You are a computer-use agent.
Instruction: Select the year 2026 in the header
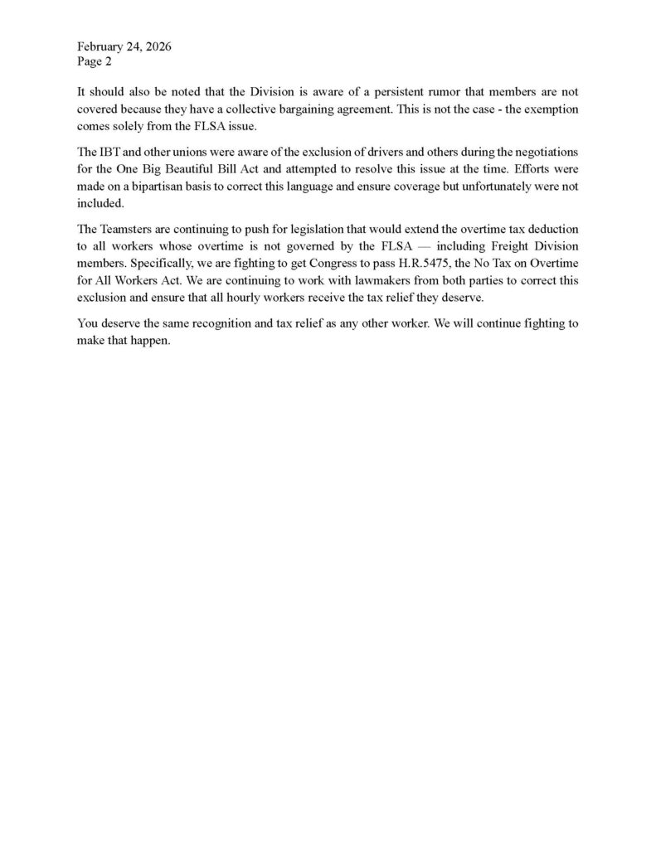(157, 46)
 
